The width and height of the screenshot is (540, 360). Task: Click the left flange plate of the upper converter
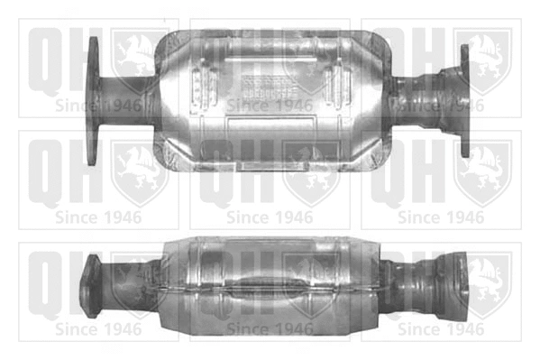tap(92, 101)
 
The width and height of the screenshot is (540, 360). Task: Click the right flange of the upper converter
tap(465, 101)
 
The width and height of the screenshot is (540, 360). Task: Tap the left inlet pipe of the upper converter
tap(127, 101)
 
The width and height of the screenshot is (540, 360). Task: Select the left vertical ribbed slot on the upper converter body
tap(204, 87)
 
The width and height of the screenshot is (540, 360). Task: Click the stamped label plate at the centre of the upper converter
tap(269, 87)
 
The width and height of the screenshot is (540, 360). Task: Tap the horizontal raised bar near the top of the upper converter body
tap(270, 60)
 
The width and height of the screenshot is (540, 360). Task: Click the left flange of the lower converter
tap(90, 285)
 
